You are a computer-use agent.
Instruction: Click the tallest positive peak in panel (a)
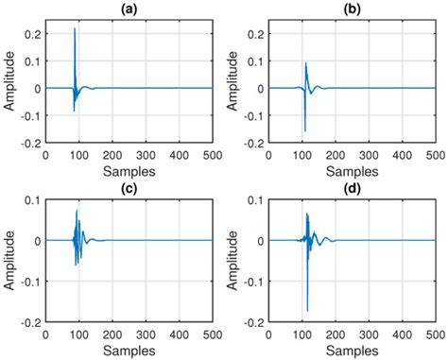[x=75, y=28]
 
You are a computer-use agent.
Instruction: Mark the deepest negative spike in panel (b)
[x=305, y=131]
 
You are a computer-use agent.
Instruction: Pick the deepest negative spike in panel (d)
[x=307, y=310]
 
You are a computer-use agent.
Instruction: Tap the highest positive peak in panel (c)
[x=78, y=211]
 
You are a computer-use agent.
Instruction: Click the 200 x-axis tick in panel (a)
[x=112, y=154]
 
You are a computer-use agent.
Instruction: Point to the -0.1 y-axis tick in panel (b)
[x=251, y=117]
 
